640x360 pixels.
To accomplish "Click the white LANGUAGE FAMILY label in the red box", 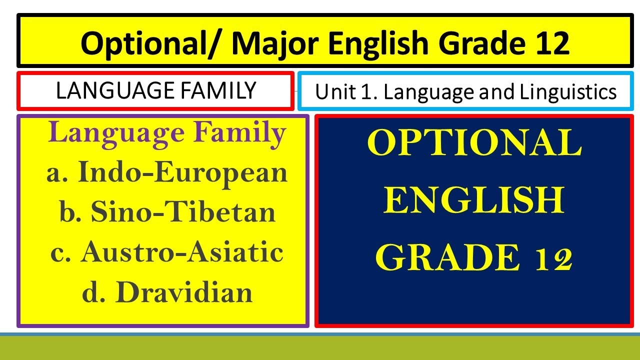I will (156, 91).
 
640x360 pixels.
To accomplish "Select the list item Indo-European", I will (183, 172).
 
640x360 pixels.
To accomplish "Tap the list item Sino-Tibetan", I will (183, 212).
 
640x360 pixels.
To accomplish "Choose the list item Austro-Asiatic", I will (182, 251).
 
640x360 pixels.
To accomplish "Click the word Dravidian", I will (186, 292).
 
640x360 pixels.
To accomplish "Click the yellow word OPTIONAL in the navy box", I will (474, 144).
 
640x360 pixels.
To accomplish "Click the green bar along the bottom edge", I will (320, 348).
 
